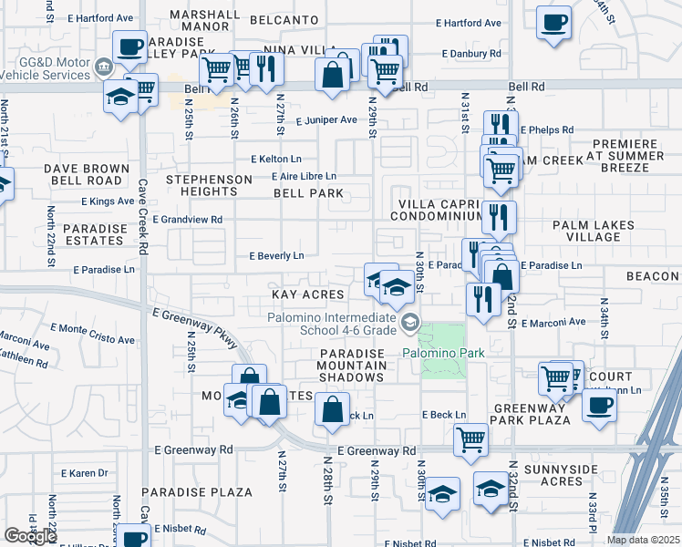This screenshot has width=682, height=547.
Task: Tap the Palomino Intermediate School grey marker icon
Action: tap(411, 321)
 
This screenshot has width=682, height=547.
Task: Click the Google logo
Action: tap(30, 535)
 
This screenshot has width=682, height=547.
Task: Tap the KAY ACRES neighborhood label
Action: tap(308, 294)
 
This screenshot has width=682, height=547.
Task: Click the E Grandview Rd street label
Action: tap(188, 220)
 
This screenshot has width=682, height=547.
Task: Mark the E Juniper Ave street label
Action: tap(325, 120)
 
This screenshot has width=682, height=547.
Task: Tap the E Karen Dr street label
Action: tap(85, 473)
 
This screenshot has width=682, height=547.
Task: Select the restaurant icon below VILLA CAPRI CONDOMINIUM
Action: tap(499, 216)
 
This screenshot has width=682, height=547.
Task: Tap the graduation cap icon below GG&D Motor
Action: tap(120, 96)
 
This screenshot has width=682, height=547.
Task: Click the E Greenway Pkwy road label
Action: tap(195, 327)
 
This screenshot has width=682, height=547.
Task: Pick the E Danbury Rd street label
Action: tap(471, 54)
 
